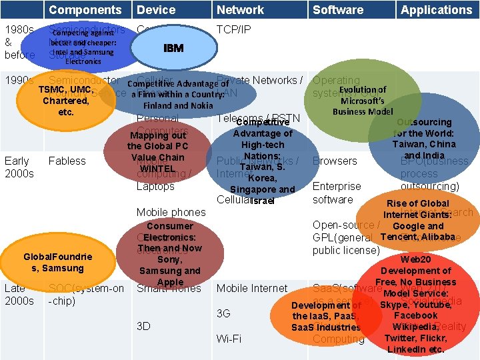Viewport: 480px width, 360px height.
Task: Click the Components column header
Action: click(x=85, y=10)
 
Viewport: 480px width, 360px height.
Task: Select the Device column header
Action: click(x=156, y=10)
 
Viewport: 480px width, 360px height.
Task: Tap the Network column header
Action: click(x=240, y=10)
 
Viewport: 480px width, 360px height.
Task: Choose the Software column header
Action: click(x=338, y=10)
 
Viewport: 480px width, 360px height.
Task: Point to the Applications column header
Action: click(x=436, y=10)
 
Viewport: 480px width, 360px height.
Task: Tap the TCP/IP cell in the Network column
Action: click(x=234, y=30)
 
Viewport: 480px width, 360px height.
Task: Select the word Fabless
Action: click(x=67, y=161)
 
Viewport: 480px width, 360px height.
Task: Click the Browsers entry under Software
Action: click(x=335, y=161)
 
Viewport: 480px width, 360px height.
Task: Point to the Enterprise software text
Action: click(x=336, y=193)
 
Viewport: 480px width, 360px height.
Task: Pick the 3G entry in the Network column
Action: click(x=223, y=313)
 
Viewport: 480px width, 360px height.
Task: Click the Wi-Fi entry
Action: click(x=229, y=339)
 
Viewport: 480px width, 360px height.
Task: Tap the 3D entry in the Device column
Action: click(x=143, y=326)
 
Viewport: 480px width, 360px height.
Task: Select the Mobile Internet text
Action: click(x=252, y=288)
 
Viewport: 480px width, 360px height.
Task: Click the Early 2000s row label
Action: click(x=18, y=167)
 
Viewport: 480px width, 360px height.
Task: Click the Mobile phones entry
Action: click(x=171, y=212)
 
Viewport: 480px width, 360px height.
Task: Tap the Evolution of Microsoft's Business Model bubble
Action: click(x=362, y=100)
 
